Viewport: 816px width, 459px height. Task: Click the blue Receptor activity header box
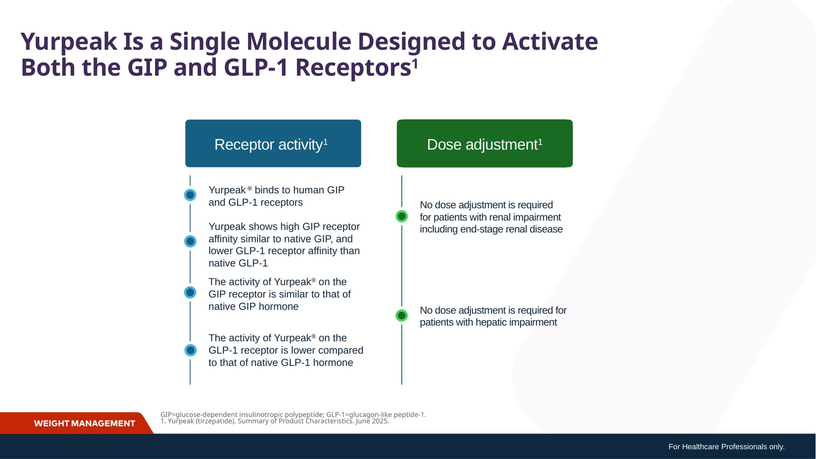click(273, 143)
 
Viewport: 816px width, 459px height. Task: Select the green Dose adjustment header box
click(485, 143)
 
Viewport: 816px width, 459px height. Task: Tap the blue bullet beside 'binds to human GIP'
click(190, 195)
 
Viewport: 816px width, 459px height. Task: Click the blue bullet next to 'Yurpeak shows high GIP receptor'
click(190, 241)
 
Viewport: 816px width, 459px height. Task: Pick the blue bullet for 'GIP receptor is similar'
click(190, 292)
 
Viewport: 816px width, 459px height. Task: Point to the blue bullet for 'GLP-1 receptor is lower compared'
click(190, 350)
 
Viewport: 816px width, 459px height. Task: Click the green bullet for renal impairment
click(402, 216)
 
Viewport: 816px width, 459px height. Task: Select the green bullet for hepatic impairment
click(402, 315)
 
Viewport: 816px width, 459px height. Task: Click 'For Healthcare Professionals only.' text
click(726, 447)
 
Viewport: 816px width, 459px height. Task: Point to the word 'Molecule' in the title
click(299, 41)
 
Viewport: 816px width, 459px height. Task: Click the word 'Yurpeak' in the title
click(69, 42)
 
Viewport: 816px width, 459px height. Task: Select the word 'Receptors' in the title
click(353, 68)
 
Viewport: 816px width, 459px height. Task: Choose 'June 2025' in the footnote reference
click(372, 421)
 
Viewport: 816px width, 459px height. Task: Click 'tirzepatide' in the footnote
click(216, 421)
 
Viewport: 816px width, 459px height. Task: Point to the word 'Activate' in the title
click(550, 41)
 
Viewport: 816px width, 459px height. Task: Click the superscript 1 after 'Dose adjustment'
click(540, 142)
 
